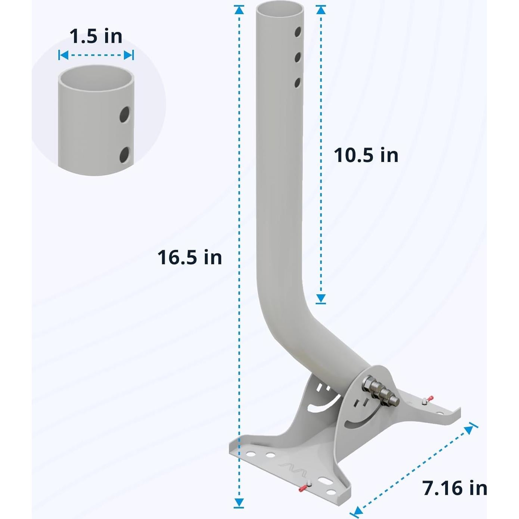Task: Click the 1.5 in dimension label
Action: [96, 37]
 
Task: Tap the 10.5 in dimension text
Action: [366, 155]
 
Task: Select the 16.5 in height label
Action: [190, 258]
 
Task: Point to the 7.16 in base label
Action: [454, 488]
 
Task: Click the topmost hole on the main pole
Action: [298, 32]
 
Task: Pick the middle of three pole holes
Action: [298, 57]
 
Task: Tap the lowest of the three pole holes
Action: [297, 83]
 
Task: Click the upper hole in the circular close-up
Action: [124, 115]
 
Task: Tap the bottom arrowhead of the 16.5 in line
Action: [239, 502]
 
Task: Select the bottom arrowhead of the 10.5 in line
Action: [321, 298]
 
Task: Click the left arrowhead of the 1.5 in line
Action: [63, 56]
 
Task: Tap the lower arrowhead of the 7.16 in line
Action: [357, 510]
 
